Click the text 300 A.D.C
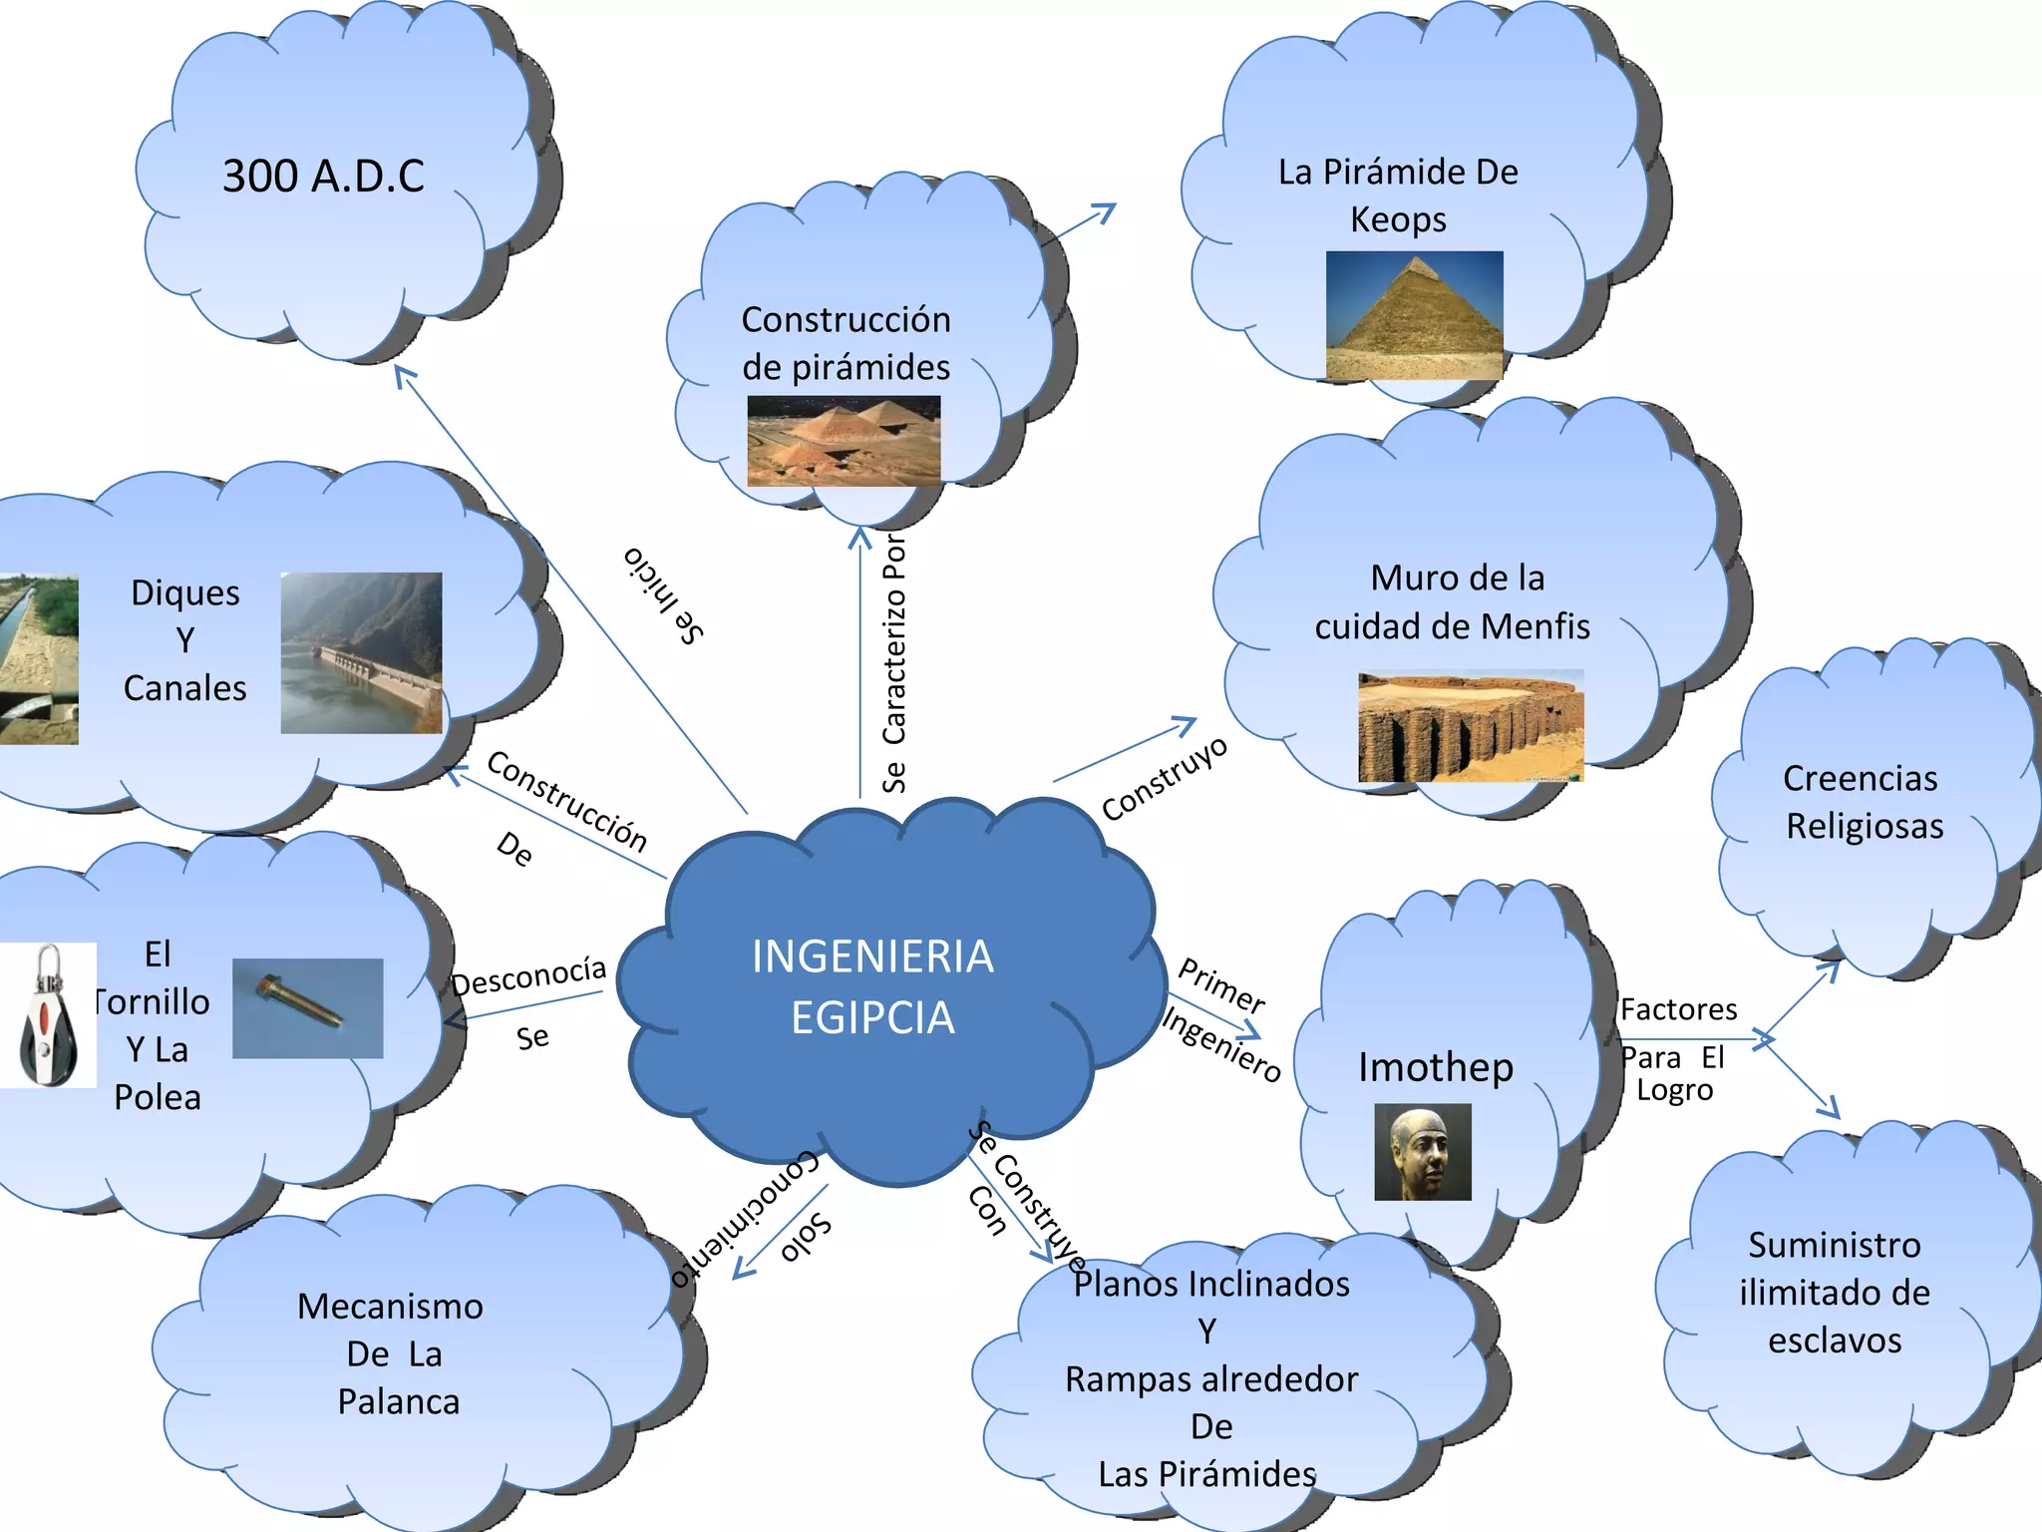[323, 177]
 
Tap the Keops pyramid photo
[1414, 315]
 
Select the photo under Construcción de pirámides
[844, 441]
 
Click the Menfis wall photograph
[1470, 725]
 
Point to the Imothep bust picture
[1422, 1151]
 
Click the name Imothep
[1435, 1067]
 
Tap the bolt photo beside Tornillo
[307, 1007]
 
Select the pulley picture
[48, 1015]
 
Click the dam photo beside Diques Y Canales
[361, 652]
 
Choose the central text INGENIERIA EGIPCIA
[872, 986]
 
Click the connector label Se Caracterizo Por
[894, 663]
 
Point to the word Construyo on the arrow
[1164, 779]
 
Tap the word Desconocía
[528, 975]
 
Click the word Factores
[1678, 1009]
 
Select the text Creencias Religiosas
[1863, 802]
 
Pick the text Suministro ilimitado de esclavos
[1835, 1293]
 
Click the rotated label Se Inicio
[664, 595]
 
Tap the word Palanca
[399, 1402]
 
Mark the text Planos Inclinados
[1211, 1284]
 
